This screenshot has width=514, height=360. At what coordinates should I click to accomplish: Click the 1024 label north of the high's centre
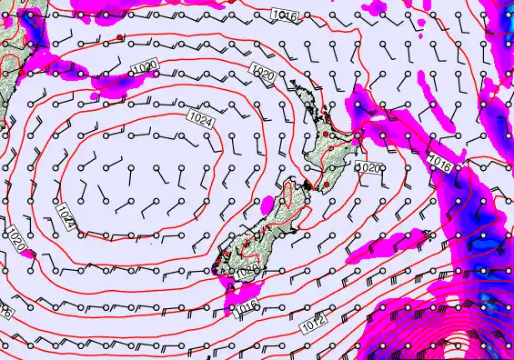click(x=201, y=116)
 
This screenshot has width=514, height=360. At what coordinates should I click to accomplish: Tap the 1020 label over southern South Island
click(x=247, y=271)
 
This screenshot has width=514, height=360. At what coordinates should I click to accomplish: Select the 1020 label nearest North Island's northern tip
click(x=263, y=73)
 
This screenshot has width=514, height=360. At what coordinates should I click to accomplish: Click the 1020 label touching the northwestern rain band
click(x=143, y=68)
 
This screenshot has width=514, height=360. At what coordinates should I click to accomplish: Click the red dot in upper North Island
click(x=326, y=135)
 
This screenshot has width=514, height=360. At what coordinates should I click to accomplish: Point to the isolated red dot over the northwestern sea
click(x=120, y=37)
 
